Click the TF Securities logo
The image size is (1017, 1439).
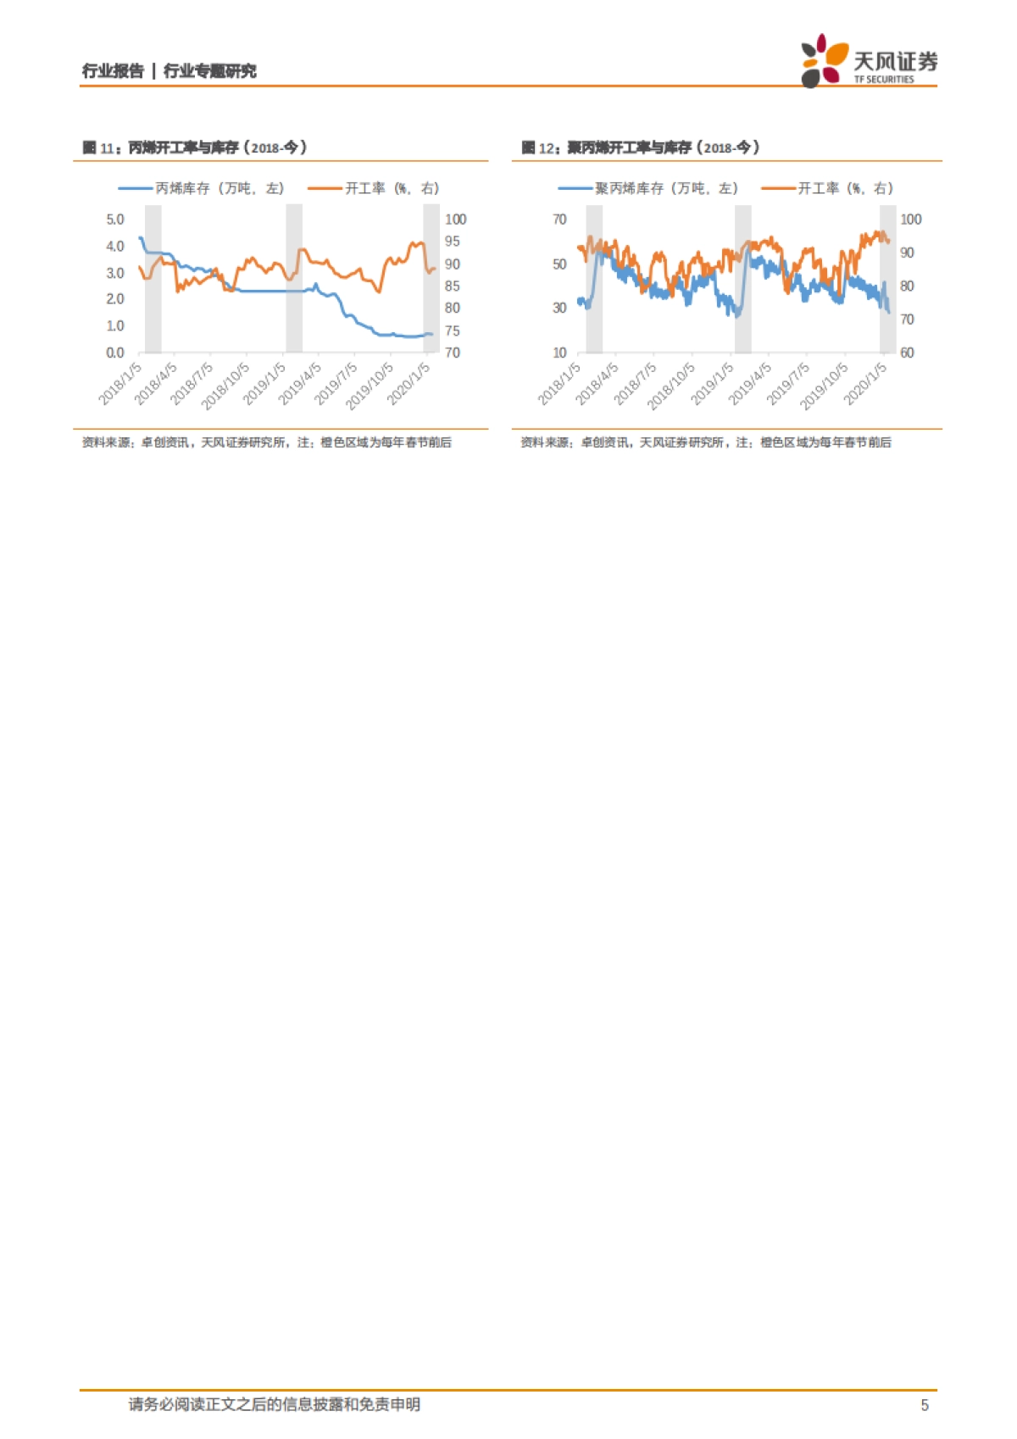click(x=868, y=61)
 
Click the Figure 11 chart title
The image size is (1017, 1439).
click(x=195, y=147)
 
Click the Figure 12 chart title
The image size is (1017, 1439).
click(x=641, y=147)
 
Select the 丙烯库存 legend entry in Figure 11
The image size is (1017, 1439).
click(x=201, y=188)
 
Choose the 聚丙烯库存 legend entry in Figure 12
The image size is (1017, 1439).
click(x=648, y=188)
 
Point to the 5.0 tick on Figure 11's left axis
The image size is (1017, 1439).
click(x=115, y=219)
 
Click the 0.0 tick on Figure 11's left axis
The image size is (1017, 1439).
click(x=115, y=353)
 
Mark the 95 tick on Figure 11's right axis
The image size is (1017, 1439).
click(x=453, y=242)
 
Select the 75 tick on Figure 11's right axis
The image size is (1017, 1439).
click(x=453, y=331)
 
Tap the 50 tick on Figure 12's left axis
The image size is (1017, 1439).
click(x=559, y=264)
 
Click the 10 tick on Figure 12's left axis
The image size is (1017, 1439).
click(x=559, y=353)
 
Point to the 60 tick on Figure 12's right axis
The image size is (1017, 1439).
click(x=907, y=353)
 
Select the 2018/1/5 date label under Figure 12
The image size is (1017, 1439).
click(x=560, y=383)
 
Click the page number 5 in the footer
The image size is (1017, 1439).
click(x=925, y=1405)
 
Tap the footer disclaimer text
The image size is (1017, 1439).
click(x=275, y=1404)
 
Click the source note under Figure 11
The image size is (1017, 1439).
click(x=266, y=442)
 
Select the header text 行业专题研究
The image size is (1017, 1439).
click(x=209, y=71)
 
